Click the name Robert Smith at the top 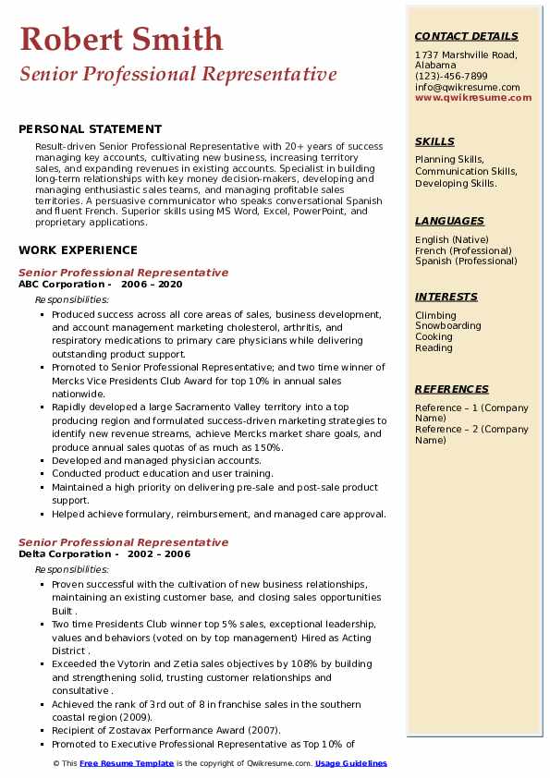coord(121,40)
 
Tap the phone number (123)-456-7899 coord(451,77)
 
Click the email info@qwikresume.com coord(467,87)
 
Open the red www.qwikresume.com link coord(473,97)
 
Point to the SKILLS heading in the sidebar coord(434,141)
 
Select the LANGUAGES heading coord(449,221)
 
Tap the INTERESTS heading coord(446,297)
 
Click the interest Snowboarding coord(447,326)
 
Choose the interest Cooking coord(434,337)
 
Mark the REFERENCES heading coord(451,389)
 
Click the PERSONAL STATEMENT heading coord(90,129)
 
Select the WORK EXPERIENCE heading coord(78,250)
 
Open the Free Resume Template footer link coord(127,763)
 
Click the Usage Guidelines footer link coord(351,763)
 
